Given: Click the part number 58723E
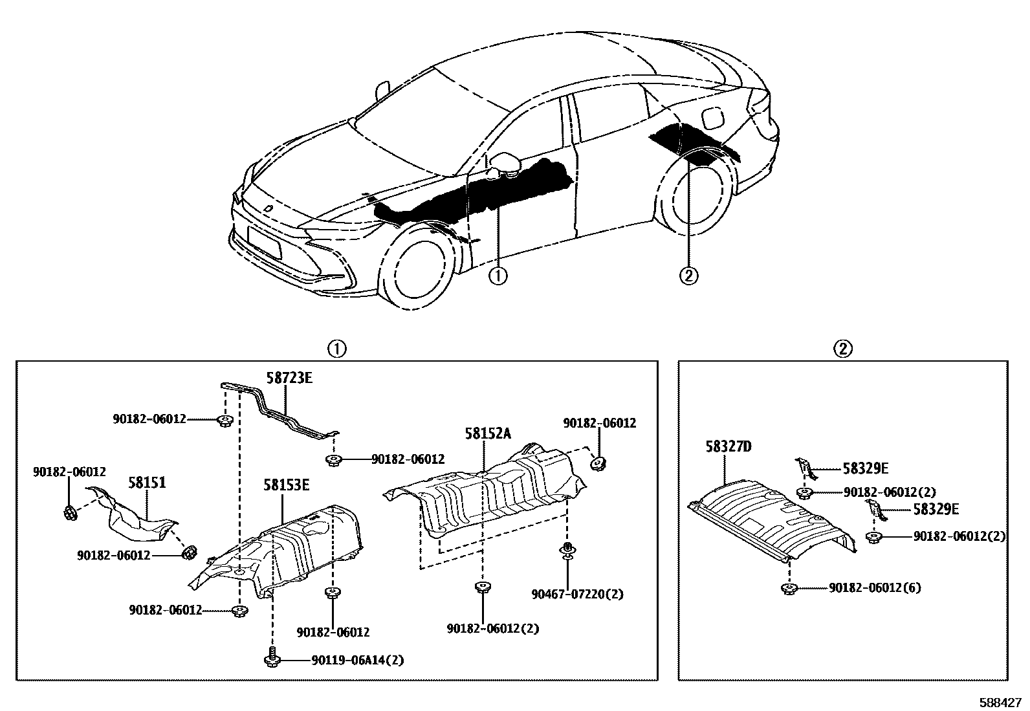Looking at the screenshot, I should click(x=289, y=378).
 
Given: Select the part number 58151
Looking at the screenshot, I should click(x=147, y=482).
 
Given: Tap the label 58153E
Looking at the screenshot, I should click(x=286, y=485).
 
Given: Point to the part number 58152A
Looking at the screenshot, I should click(x=487, y=433).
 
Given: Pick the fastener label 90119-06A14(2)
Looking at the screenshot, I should click(x=358, y=660).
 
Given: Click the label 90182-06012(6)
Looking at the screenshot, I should click(x=874, y=588).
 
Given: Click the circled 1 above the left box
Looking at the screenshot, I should click(x=337, y=349).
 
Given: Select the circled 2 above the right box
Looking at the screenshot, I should click(x=842, y=349).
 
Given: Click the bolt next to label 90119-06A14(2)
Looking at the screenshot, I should click(x=271, y=658).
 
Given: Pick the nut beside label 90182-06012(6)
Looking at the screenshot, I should click(x=789, y=589).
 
